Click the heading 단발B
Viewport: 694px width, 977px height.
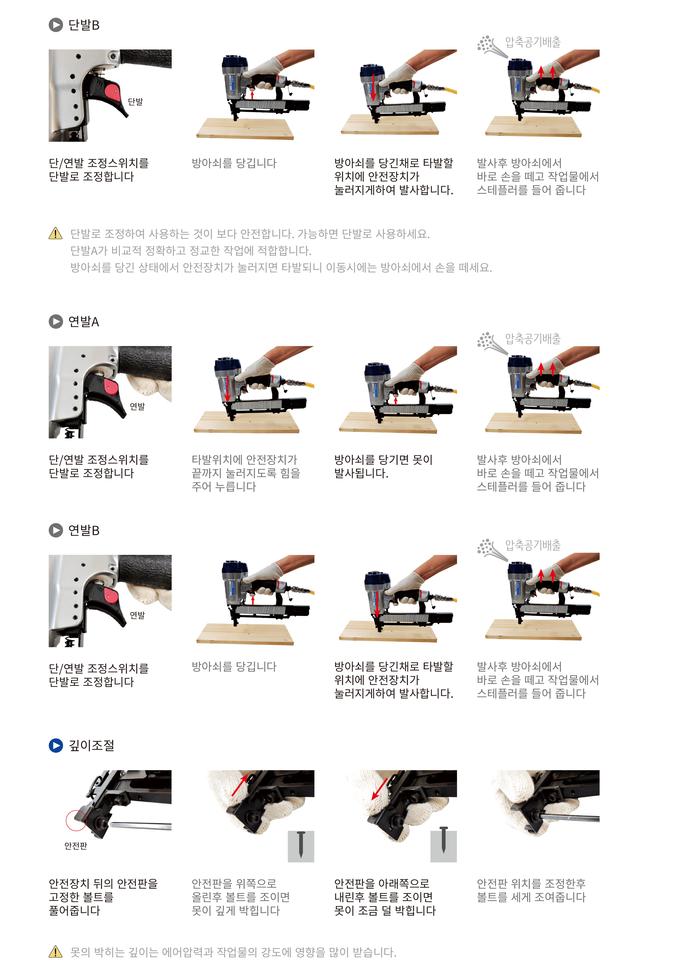pyautogui.click(x=84, y=25)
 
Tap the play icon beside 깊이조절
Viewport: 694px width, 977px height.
pyautogui.click(x=56, y=746)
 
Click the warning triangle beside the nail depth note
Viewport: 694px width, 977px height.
pyautogui.click(x=56, y=952)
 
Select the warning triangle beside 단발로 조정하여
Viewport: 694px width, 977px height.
pyautogui.click(x=56, y=234)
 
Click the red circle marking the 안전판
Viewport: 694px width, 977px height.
pyautogui.click(x=76, y=820)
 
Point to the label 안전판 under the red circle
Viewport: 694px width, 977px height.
pyautogui.click(x=76, y=846)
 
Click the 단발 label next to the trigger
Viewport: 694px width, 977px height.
pyautogui.click(x=135, y=102)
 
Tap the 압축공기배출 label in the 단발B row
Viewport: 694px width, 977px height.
pyautogui.click(x=532, y=42)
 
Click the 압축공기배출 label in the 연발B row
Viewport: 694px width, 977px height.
pyautogui.click(x=532, y=545)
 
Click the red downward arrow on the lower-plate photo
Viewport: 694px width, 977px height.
pyautogui.click(x=379, y=789)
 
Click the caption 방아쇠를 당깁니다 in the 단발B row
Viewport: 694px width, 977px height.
pyautogui.click(x=234, y=163)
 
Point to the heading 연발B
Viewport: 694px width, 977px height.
pyautogui.click(x=84, y=530)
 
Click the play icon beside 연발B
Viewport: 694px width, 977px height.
pyautogui.click(x=56, y=530)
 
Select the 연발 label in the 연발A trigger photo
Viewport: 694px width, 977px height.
pyautogui.click(x=137, y=406)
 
